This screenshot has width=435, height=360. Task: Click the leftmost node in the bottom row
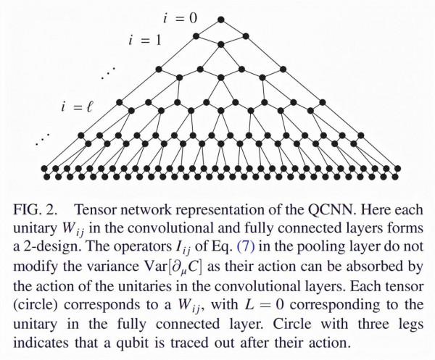(44, 168)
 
